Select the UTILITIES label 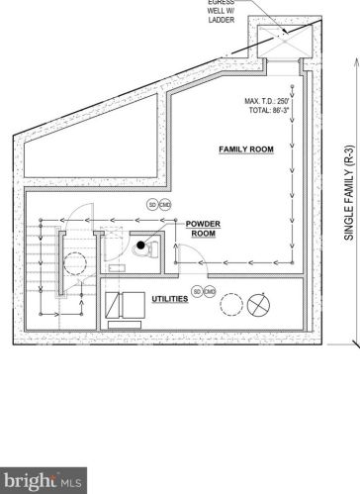click(x=169, y=297)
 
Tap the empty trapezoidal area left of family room click(x=89, y=139)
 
